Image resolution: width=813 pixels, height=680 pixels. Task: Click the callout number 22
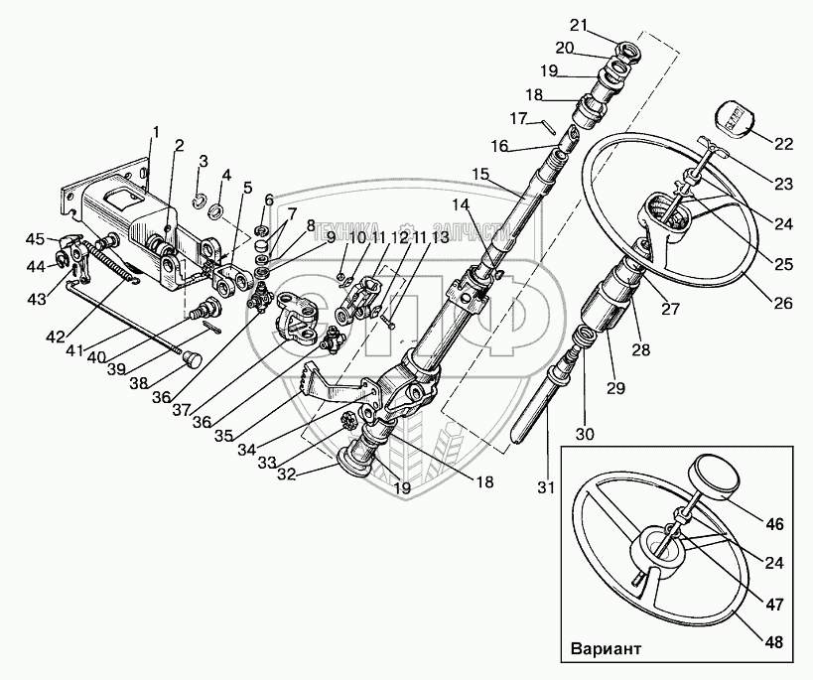(784, 144)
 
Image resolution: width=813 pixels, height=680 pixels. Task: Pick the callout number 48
(774, 643)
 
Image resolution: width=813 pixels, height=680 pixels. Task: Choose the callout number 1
(155, 132)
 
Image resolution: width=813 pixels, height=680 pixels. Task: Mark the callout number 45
(35, 238)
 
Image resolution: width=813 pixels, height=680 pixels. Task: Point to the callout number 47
(774, 602)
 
